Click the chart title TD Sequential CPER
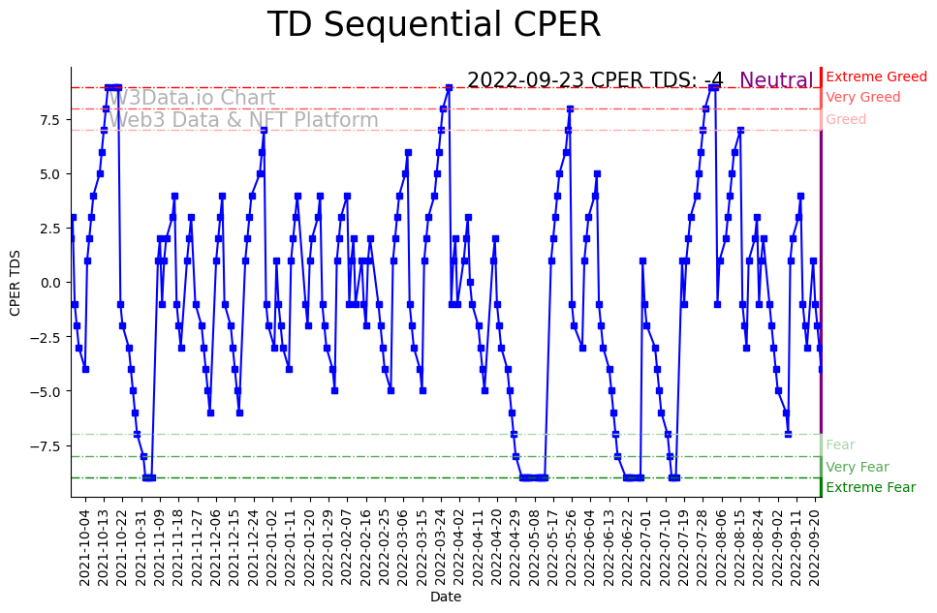click(x=433, y=25)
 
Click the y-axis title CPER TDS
click(x=16, y=281)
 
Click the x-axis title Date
click(x=445, y=598)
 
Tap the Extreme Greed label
click(x=876, y=77)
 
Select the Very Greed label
click(x=862, y=98)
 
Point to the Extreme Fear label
click(x=870, y=488)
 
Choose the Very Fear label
click(x=857, y=467)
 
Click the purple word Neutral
click(x=776, y=81)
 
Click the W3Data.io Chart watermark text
click(x=192, y=99)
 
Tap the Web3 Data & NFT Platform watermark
click(x=243, y=121)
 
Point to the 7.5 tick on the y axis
click(x=50, y=120)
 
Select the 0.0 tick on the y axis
click(x=50, y=283)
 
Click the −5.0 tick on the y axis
click(x=47, y=391)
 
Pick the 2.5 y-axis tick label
click(x=50, y=229)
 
